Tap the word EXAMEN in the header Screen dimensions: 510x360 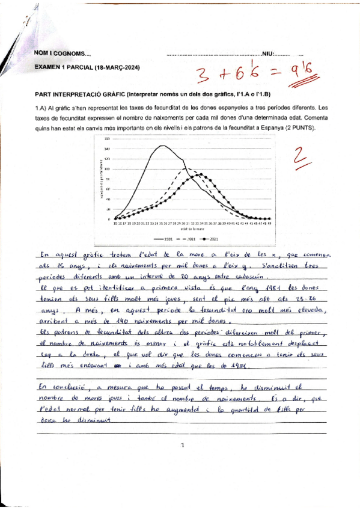tap(46, 67)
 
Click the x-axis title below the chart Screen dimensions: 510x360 tap(191, 229)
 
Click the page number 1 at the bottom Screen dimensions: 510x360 tap(181, 446)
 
